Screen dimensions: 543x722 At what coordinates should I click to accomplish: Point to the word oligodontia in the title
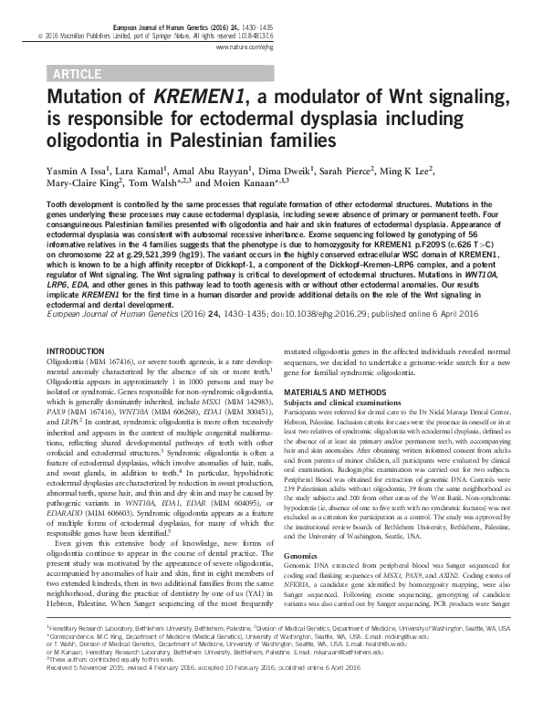(x=91, y=142)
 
